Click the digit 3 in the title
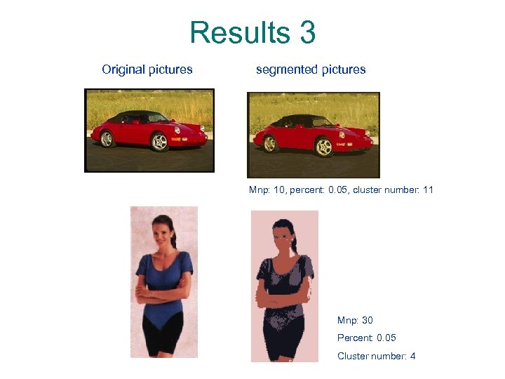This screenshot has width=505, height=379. pyautogui.click(x=307, y=33)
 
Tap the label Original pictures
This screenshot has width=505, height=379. pyautogui.click(x=147, y=69)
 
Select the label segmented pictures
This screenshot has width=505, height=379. pyautogui.click(x=311, y=69)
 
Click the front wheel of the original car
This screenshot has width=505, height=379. pyautogui.click(x=160, y=142)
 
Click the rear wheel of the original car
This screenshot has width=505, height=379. pyautogui.click(x=107, y=139)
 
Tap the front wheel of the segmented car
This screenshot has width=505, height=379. pyautogui.click(x=323, y=147)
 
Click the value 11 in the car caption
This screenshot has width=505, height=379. pyautogui.click(x=429, y=189)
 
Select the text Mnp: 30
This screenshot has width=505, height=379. pyautogui.click(x=355, y=321)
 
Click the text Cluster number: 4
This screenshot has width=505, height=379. pyautogui.click(x=377, y=356)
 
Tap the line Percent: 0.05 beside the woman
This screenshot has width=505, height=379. pyautogui.click(x=367, y=338)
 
